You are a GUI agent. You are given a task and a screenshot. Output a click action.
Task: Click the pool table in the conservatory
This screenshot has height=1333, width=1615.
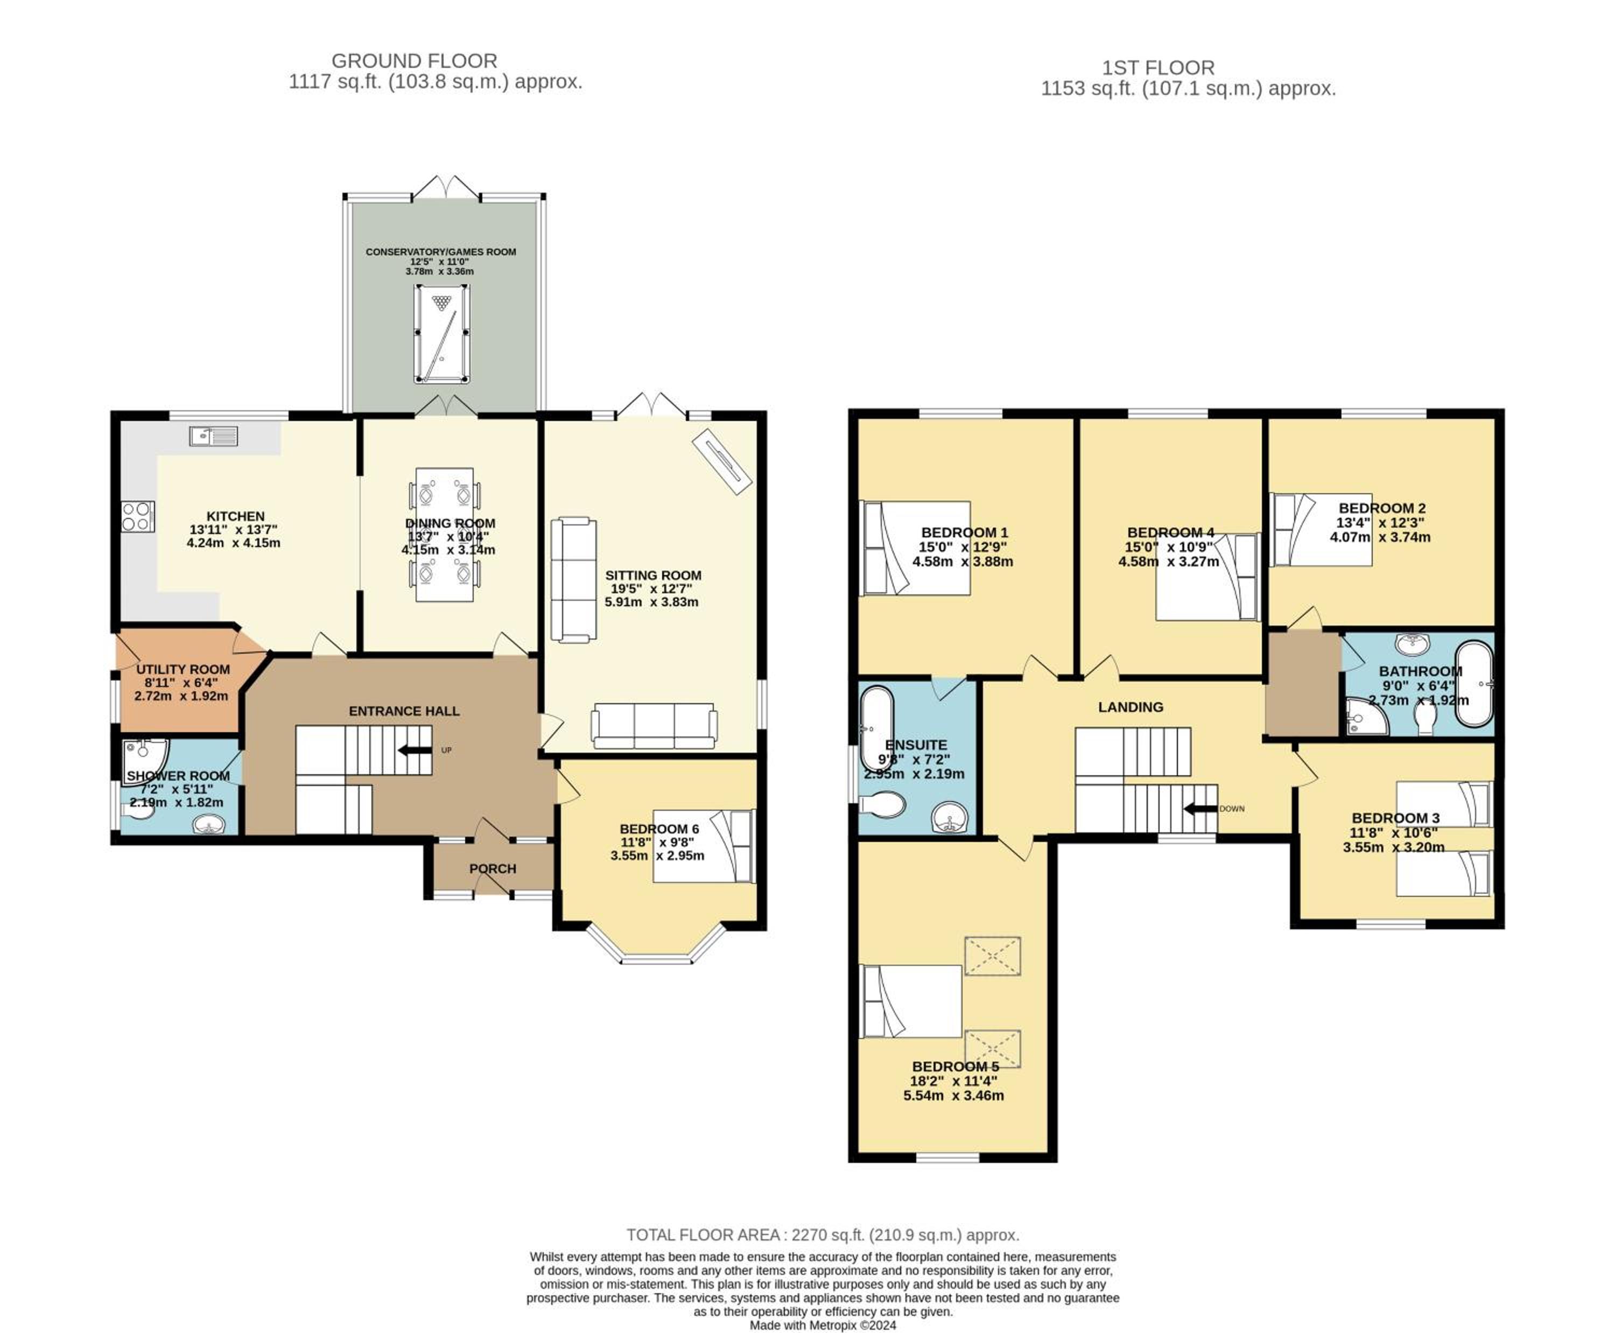click(x=441, y=334)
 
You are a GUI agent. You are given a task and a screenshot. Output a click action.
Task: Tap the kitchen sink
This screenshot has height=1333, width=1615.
click(x=214, y=436)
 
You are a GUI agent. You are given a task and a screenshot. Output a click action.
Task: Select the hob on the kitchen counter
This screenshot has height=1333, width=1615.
click(x=137, y=516)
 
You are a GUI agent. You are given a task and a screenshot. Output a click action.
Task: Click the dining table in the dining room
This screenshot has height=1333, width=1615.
click(x=445, y=535)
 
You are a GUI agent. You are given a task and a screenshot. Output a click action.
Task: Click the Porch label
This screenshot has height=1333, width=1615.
click(x=492, y=868)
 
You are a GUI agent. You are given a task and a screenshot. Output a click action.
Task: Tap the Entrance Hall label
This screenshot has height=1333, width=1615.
click(x=404, y=711)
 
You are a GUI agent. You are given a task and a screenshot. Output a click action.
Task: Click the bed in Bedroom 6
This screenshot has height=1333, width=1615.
click(x=704, y=846)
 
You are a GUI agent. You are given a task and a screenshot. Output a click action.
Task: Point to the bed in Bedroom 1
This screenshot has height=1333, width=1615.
click(x=915, y=548)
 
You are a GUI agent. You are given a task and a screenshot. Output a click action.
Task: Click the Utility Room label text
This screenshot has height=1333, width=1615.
click(x=183, y=670)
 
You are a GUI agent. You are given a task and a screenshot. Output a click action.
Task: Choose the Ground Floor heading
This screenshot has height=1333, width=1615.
click(x=414, y=61)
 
